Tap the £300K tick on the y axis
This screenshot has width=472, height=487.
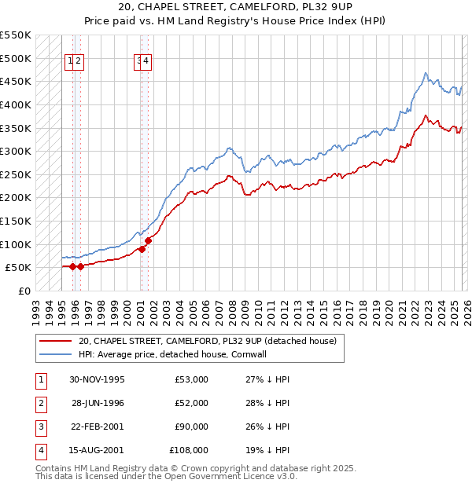pos(16,151)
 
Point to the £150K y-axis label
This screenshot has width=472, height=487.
pos(16,221)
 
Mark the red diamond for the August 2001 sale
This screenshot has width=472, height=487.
pos(149,240)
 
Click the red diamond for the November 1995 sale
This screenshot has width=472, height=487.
pos(72,266)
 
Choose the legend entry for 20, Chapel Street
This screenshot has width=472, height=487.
pos(207,341)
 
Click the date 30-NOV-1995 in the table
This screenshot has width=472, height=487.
pos(97,379)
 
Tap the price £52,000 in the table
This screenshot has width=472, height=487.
pos(192,403)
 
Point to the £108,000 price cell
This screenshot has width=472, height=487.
pos(189,450)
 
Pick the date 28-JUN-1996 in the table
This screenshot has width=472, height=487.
pos(98,403)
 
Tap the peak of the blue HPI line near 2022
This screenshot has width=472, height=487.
pos(425,73)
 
